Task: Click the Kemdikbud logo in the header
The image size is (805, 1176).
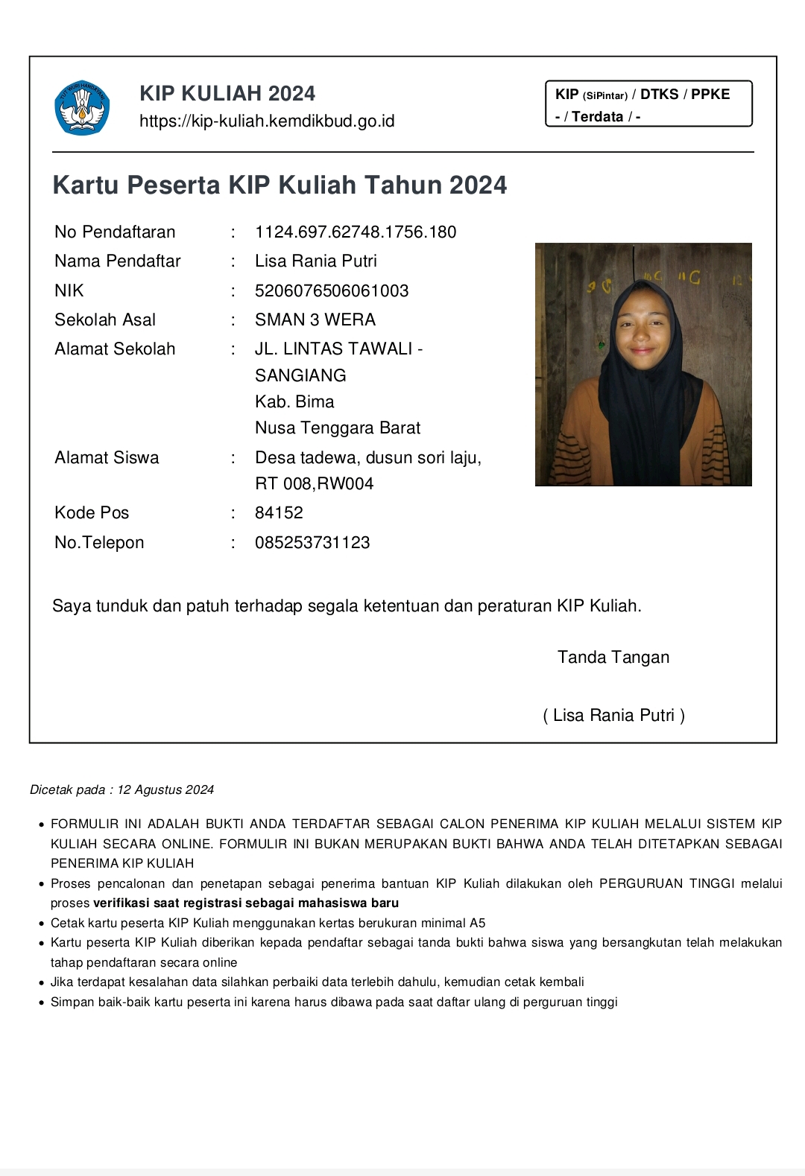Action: pos(82,108)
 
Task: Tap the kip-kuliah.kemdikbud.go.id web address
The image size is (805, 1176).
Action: pos(267,121)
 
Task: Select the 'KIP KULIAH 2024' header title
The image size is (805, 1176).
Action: pos(227,93)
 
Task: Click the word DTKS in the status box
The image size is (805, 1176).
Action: pos(659,95)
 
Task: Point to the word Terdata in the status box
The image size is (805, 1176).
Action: pos(598,117)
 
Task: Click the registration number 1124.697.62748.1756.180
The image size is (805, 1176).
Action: pos(356,232)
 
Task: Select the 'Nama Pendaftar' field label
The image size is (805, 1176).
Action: pos(118,261)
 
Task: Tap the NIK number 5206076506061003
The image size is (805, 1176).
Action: pos(332,291)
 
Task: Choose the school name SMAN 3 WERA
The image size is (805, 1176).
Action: pos(315,320)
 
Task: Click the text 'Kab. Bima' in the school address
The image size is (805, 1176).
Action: pos(294,402)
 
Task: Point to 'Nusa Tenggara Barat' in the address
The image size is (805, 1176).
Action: pos(338,428)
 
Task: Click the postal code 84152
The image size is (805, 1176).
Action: pos(279,513)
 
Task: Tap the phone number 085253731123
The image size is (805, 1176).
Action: pos(312,543)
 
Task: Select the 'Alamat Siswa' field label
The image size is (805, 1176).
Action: pos(107,458)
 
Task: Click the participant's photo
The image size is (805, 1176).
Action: pos(643,364)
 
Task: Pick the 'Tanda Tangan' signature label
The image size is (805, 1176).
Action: pos(613,658)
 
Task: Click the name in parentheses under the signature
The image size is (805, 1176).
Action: pos(613,716)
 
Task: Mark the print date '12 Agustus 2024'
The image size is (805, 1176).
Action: pos(165,790)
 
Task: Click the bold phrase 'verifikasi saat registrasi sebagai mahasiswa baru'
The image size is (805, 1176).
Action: pos(246,903)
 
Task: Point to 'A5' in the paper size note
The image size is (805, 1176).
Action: pos(477,924)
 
